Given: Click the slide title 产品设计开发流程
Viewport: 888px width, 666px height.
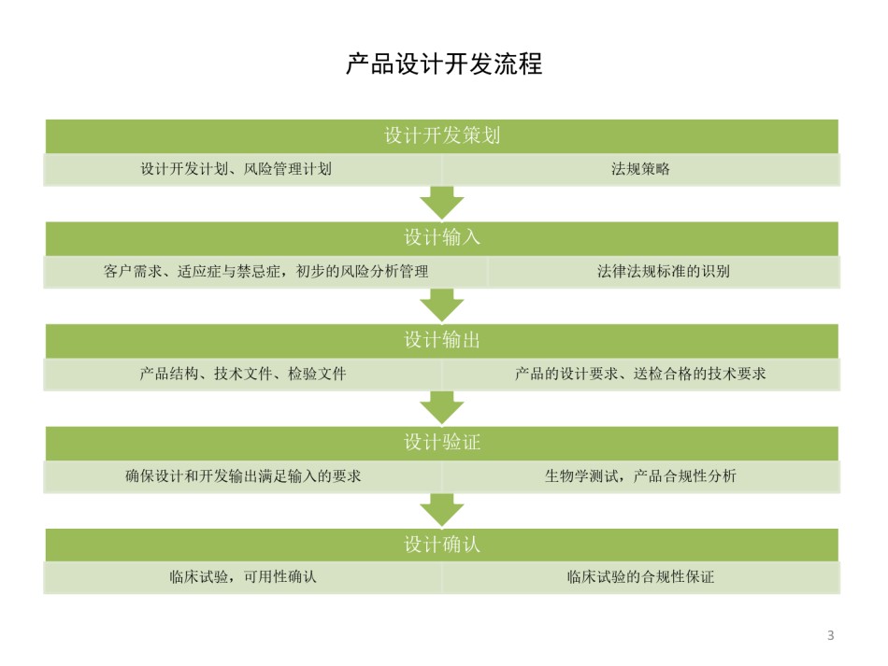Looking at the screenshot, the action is click(444, 64).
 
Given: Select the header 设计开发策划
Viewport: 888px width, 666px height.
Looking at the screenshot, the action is click(442, 135).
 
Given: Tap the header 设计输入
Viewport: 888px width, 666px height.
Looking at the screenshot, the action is click(442, 238).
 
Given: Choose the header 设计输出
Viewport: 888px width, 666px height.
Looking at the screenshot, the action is click(442, 341).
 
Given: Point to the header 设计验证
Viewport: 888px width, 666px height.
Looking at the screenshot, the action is click(442, 443).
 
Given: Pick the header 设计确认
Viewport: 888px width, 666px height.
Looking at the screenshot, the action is click(442, 545).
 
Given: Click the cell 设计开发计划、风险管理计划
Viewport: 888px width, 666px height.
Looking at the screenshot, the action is click(243, 169).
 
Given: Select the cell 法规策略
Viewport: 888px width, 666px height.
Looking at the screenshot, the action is click(640, 169).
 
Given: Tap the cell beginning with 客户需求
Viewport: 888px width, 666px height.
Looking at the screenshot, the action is click(265, 272).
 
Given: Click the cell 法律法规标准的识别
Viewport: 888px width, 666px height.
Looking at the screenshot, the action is click(664, 272).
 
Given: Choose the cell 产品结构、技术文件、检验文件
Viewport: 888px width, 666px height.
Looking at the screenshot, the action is click(243, 374).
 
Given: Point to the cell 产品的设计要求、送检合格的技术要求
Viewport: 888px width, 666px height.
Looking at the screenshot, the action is click(640, 374).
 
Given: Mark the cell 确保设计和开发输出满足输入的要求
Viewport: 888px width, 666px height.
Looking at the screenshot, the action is click(243, 476).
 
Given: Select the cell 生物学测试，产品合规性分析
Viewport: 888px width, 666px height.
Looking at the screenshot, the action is click(640, 476).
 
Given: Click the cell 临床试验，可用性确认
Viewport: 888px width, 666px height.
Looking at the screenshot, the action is click(243, 577).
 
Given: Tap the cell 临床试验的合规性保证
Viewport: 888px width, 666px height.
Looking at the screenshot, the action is click(640, 577).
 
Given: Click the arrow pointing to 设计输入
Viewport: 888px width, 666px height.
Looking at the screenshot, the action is click(442, 203).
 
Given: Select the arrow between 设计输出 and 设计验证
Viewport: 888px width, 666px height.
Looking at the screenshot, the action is click(442, 408).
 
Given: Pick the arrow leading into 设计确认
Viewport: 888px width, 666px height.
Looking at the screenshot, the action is click(442, 510).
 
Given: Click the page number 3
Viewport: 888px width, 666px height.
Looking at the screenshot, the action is click(831, 635).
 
